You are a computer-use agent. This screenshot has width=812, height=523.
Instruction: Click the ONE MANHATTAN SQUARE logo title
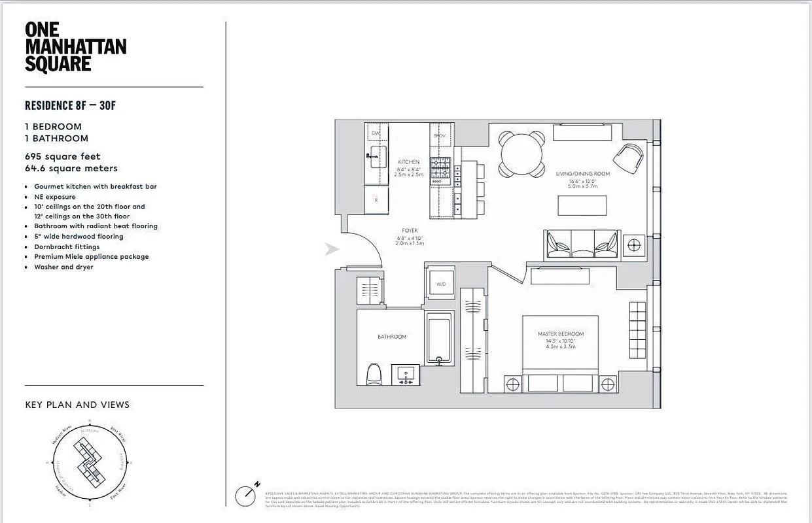coord(75,47)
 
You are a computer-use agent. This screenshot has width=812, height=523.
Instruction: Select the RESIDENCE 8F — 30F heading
coord(70,105)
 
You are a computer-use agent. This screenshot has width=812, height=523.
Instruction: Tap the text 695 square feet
coord(63,156)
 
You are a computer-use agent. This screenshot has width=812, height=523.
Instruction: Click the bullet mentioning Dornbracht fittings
coord(67,246)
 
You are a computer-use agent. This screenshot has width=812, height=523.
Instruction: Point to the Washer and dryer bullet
coord(63,267)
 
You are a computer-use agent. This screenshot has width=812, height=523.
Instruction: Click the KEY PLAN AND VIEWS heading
coord(77,405)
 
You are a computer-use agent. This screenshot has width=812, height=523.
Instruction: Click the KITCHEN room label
coord(409,162)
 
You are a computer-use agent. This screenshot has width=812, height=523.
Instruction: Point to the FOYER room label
coord(410,230)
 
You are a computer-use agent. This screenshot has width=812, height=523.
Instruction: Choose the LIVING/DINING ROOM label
coord(582,173)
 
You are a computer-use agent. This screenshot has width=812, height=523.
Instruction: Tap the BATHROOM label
coord(391,337)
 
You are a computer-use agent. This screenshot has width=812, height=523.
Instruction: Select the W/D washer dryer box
coord(440,284)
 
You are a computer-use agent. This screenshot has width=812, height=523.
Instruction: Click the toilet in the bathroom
coord(374,375)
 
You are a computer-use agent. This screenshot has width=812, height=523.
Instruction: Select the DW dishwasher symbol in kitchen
coord(376,133)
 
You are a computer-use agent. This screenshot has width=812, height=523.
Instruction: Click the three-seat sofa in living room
coord(581,244)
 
